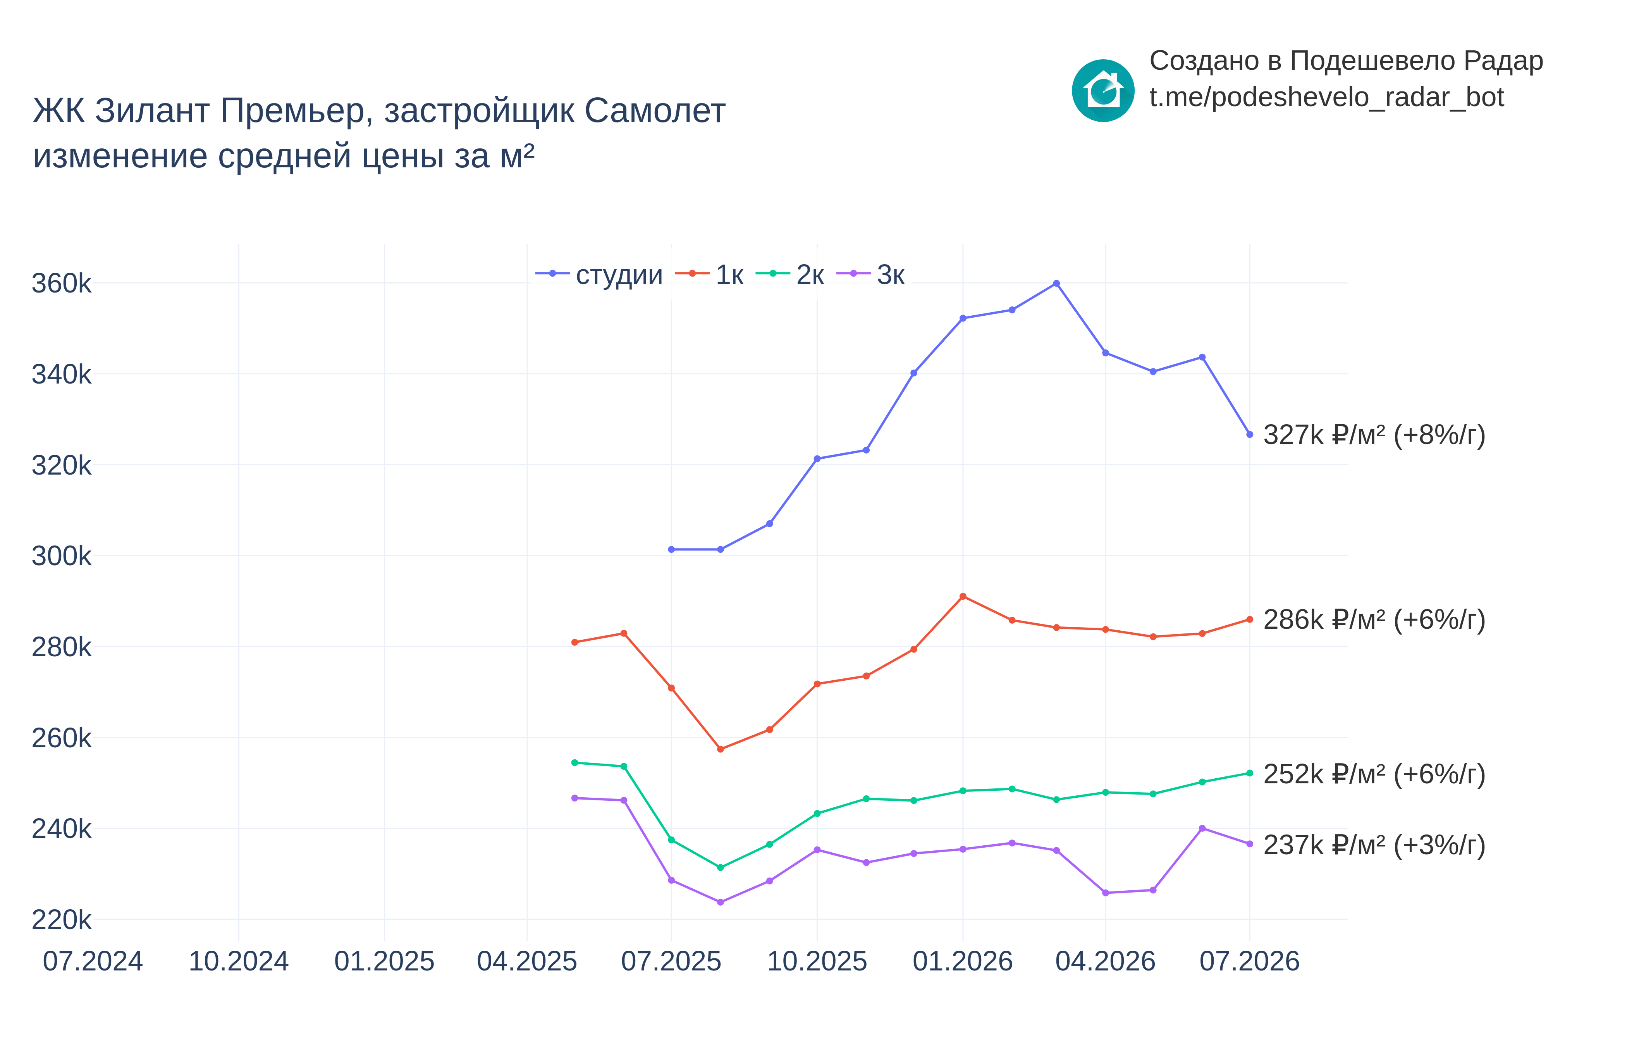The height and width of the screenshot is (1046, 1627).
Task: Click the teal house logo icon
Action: [x=1103, y=90]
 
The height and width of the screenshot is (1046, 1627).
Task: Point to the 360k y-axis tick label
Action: [x=61, y=283]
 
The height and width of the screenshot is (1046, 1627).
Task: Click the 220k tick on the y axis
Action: [x=61, y=920]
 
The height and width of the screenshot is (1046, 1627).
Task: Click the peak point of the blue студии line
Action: [x=1056, y=283]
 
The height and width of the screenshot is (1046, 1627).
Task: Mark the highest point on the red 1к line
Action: [x=963, y=596]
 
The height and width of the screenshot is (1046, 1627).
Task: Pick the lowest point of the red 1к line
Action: [x=721, y=749]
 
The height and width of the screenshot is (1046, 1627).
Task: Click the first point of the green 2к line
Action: [x=574, y=763]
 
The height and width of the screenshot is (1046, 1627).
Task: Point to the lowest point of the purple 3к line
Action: [x=721, y=903]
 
